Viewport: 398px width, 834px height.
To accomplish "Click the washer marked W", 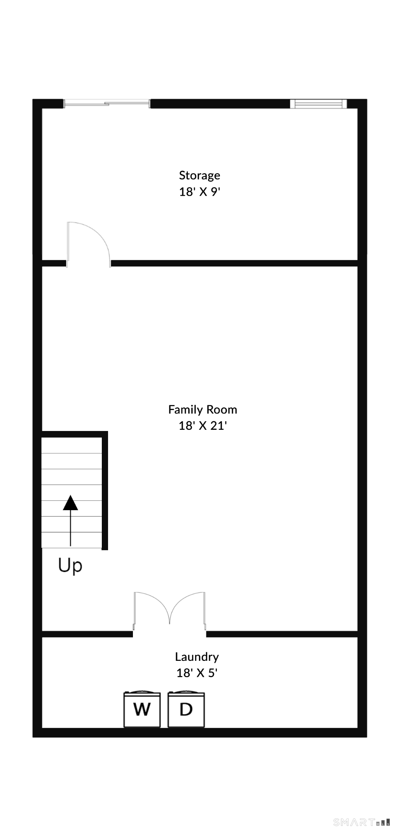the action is coord(142,710).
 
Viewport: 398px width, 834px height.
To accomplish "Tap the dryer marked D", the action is coord(186,710).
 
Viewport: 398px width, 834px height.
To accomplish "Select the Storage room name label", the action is coord(199,175).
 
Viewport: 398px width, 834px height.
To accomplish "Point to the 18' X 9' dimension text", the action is coord(200,192).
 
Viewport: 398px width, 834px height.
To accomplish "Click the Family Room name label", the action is coord(202,410).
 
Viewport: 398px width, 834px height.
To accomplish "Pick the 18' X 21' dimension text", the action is coord(202,426).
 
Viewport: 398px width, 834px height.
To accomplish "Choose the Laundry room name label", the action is coord(197,657).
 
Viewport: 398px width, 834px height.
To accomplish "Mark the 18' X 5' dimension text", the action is coord(197,673).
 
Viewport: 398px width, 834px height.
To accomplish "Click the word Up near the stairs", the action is coord(70,566).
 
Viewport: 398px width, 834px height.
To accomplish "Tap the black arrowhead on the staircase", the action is coord(70,502).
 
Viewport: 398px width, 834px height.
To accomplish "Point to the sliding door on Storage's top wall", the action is coord(107,103).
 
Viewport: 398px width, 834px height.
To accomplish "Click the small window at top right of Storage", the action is coord(318,103).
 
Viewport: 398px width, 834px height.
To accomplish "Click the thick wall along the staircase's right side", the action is coord(105,490).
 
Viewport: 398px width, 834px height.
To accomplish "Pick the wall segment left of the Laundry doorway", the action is coord(87,634).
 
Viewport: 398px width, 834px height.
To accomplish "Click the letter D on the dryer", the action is coord(186,710).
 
